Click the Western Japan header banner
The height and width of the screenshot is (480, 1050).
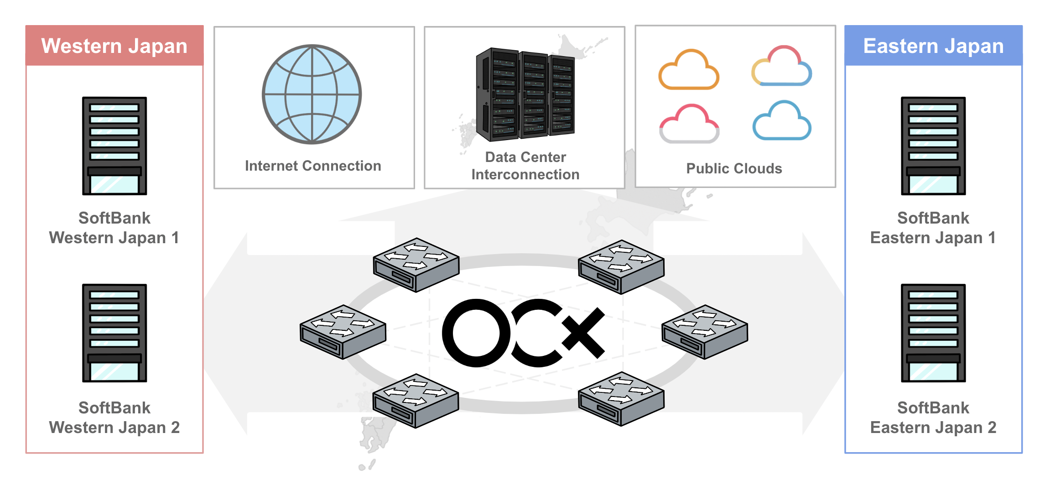tap(114, 46)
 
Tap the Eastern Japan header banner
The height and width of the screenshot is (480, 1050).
tap(933, 46)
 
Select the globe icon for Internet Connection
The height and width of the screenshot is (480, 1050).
tap(312, 94)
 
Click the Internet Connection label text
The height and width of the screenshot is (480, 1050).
tap(313, 166)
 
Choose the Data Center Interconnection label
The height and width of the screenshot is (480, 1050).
tap(525, 166)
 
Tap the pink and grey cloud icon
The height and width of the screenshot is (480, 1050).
tap(689, 124)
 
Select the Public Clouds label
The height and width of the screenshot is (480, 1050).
tap(734, 168)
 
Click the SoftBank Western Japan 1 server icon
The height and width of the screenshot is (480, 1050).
tap(114, 146)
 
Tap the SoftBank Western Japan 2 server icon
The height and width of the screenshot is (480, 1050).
tap(114, 333)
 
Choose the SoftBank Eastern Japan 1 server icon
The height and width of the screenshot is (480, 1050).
tap(933, 146)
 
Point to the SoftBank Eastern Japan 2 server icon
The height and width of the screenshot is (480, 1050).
tap(933, 333)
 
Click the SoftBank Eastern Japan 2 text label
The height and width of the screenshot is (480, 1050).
tap(933, 417)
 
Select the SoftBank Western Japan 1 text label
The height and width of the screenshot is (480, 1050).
tap(114, 228)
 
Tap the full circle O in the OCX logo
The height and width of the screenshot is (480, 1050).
tap(476, 333)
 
